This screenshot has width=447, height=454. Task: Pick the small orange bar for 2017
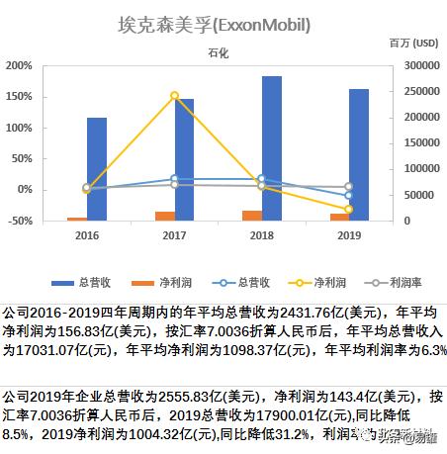165,216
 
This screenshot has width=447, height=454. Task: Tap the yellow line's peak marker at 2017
174,96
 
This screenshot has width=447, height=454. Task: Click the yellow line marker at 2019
348,209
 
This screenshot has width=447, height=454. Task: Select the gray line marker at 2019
348,187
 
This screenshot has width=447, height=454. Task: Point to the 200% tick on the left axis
19,65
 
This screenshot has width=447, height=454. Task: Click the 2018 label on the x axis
261,235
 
